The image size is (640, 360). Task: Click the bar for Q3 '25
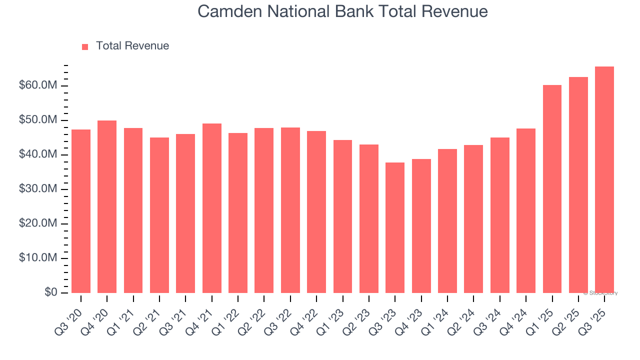coord(604,179)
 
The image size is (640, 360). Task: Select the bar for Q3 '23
coord(395,227)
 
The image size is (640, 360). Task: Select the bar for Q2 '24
coord(473,219)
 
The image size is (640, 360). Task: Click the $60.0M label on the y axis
coord(38,86)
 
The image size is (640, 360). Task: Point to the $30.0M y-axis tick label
coord(38,189)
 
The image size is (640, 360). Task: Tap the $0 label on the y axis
coord(50,292)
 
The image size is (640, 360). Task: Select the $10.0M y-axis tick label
coord(38,258)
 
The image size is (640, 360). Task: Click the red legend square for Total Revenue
coord(85,46)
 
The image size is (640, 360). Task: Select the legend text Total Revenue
coord(132,46)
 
